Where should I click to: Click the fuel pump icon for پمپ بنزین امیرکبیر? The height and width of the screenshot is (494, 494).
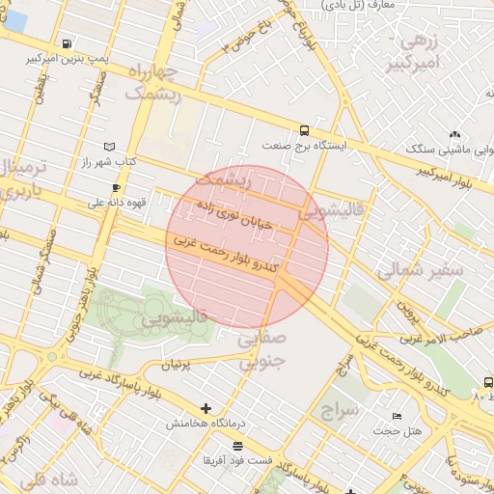pos(66,43)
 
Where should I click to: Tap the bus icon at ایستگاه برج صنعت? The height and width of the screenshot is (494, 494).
pos(305,130)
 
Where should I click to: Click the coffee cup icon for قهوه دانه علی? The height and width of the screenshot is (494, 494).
pos(117,187)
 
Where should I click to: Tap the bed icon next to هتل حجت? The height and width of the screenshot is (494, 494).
pos(396,416)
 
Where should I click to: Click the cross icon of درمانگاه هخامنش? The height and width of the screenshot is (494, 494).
pos(205,408)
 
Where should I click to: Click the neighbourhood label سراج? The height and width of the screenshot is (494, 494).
pos(341,411)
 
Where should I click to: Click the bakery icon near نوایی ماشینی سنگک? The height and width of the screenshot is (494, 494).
pos(454,135)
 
